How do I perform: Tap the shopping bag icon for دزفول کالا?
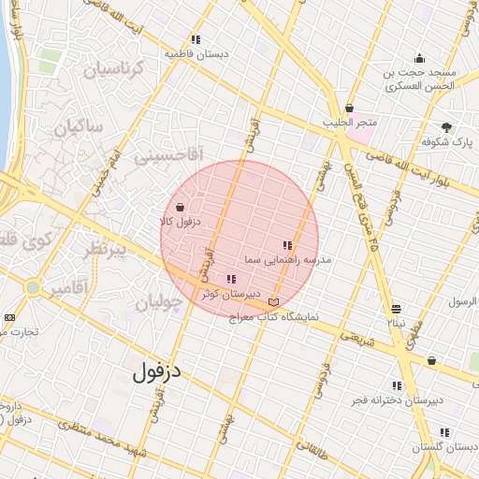coord(180,208)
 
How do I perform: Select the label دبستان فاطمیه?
coord(196,54)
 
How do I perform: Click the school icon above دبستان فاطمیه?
coord(196,39)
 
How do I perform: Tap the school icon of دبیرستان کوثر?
coord(231,279)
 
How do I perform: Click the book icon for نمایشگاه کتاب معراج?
coord(273,301)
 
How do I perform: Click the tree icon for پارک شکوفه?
coord(446,126)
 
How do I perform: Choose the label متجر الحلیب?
coord(350,123)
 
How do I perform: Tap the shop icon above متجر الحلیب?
coord(350,108)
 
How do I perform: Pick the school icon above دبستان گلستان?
coord(443,433)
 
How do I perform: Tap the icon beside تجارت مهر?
coord(9,317)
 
